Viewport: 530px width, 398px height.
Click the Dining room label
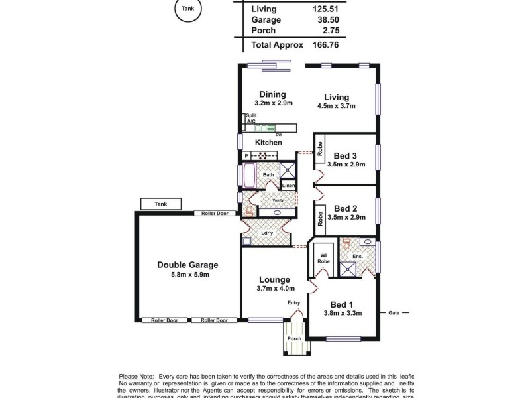272,94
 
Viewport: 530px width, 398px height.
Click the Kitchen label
268,143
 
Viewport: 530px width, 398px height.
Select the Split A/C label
251,119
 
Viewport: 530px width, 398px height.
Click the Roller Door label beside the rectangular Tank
211,214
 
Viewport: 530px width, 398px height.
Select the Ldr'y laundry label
267,233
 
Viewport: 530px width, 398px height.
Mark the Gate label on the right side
394,312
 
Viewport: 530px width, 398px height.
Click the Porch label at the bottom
293,339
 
